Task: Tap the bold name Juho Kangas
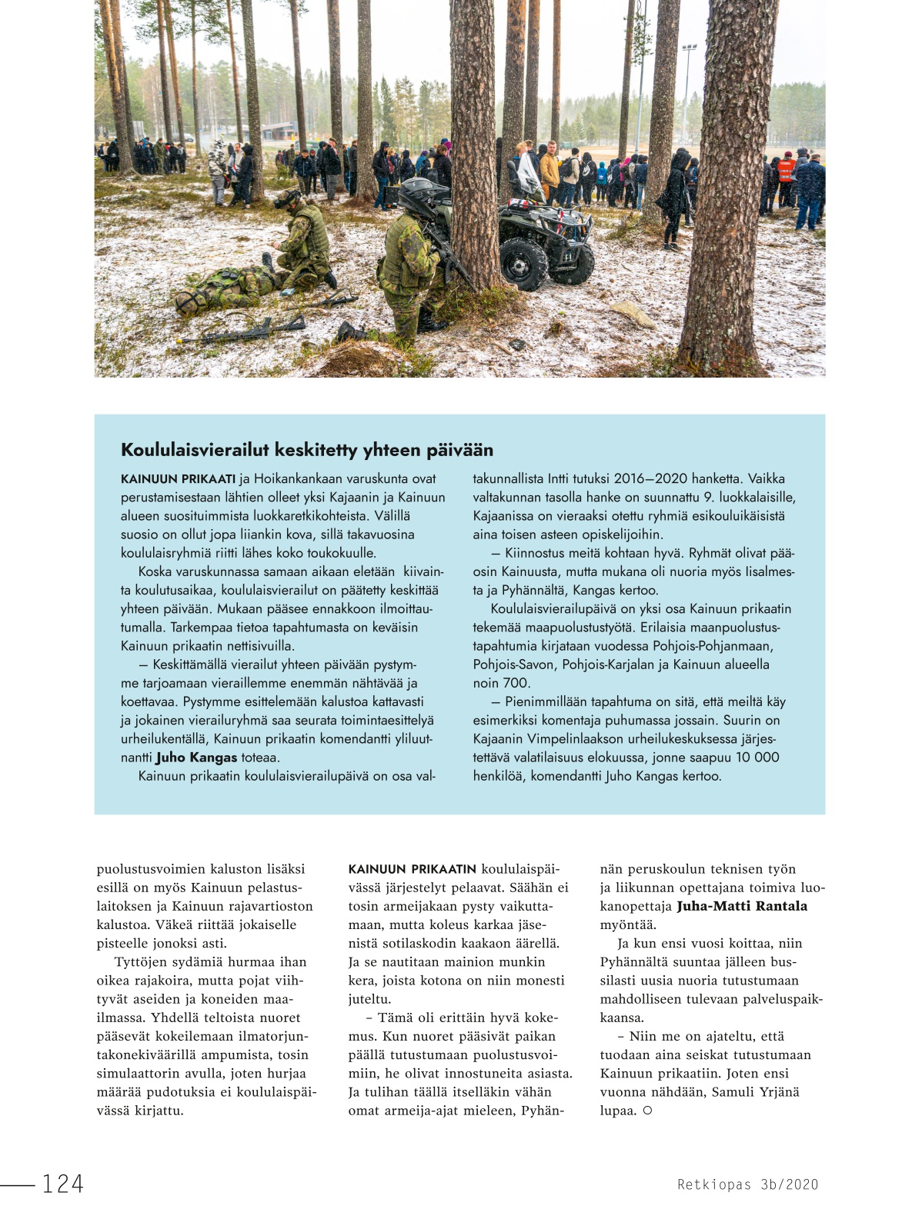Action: (x=196, y=758)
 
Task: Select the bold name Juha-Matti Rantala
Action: (x=742, y=906)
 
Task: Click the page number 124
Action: (x=62, y=1184)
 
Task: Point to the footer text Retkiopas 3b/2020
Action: (x=747, y=1184)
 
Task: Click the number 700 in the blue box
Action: (x=516, y=683)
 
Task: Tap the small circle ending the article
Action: (x=647, y=1111)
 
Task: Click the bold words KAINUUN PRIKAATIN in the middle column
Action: (x=413, y=869)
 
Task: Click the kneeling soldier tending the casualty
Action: (x=304, y=245)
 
